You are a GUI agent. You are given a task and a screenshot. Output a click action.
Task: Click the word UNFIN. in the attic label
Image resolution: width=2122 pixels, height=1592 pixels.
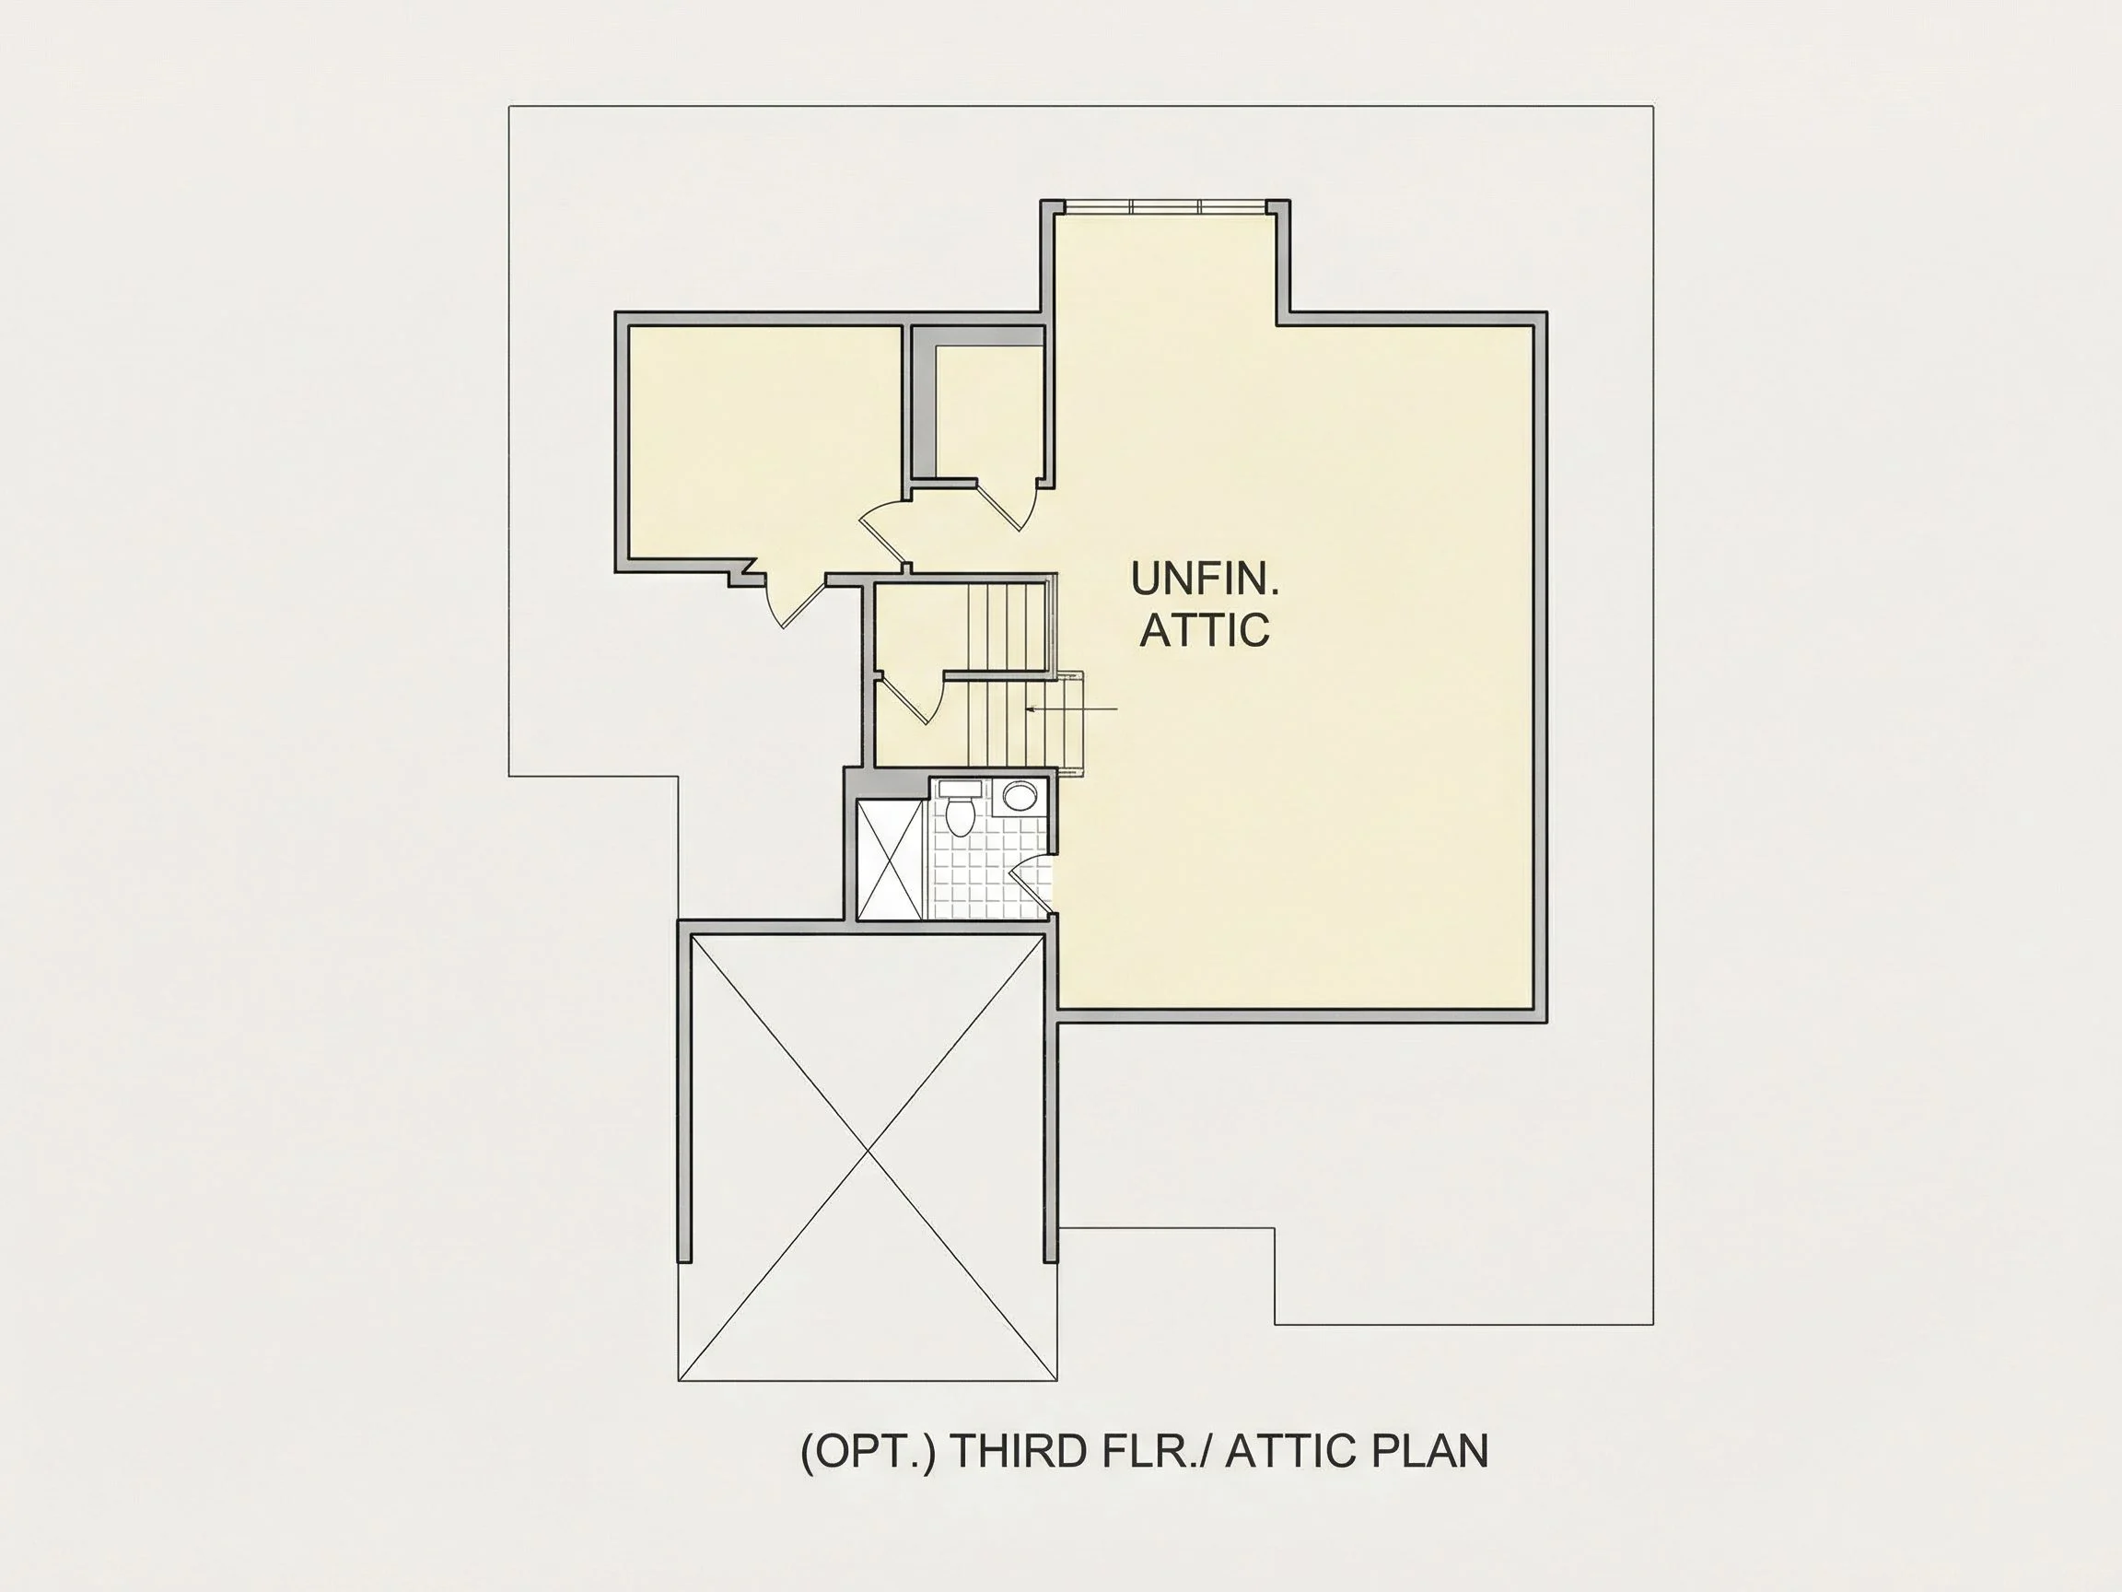1205,579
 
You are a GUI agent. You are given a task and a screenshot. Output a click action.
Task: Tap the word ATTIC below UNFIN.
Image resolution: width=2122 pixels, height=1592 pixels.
1205,629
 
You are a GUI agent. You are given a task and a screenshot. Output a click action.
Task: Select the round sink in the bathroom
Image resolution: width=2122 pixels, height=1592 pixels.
1020,797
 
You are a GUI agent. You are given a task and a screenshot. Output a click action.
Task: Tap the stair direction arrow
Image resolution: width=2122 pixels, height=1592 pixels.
1071,709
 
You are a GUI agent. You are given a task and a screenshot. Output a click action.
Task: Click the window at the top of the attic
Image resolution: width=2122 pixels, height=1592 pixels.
1166,206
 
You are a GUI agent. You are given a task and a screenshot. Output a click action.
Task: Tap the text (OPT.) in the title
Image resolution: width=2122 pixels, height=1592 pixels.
868,1452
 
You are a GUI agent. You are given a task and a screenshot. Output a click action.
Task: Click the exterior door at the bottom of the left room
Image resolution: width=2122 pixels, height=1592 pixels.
794,599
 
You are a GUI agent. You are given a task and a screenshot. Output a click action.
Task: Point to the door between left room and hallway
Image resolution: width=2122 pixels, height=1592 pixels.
882,533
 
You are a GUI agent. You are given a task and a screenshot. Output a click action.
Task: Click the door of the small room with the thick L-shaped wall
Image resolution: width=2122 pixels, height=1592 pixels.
1008,503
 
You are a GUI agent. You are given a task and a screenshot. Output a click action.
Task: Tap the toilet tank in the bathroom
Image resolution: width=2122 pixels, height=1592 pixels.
960,789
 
